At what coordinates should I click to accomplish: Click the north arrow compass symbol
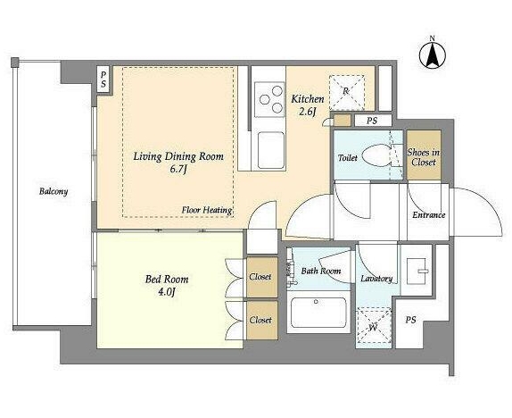[433, 55]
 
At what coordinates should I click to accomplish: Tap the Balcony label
[54, 191]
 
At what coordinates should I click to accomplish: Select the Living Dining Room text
[178, 156]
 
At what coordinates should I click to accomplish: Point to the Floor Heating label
[207, 210]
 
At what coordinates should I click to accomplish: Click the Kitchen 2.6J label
[308, 104]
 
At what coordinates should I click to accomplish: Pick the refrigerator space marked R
[346, 92]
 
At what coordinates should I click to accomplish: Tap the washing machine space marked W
[374, 325]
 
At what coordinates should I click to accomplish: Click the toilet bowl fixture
[380, 155]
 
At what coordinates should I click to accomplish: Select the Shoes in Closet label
[424, 157]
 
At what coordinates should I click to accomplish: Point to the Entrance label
[428, 215]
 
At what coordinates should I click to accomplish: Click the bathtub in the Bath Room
[318, 313]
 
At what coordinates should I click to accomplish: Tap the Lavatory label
[376, 279]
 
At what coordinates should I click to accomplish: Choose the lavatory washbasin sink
[417, 271]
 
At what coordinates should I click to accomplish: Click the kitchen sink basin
[270, 150]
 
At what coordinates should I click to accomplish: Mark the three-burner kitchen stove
[269, 99]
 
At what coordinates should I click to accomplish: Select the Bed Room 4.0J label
[167, 285]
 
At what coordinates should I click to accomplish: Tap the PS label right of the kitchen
[372, 121]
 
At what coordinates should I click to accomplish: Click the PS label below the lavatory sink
[411, 320]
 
